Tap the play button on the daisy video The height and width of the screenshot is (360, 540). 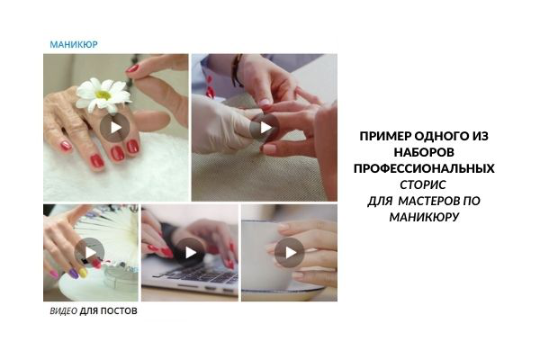pos(114,127)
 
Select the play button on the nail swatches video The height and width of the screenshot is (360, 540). pos(89,252)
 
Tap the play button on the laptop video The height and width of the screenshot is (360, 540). pos(189,253)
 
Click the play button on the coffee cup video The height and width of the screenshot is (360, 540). pos(289,253)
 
